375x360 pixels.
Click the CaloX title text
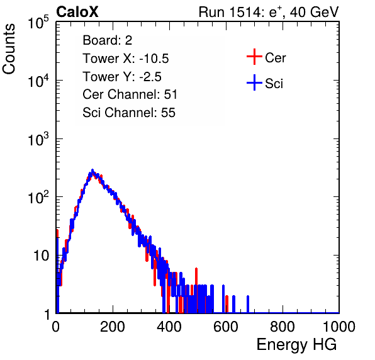tap(77, 12)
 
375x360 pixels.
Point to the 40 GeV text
tap(314, 13)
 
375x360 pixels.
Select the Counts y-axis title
tap(9, 49)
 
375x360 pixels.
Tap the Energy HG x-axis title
tap(296, 345)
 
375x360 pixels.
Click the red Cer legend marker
tap(254, 57)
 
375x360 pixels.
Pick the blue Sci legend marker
tap(254, 82)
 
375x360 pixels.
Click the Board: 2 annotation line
tap(108, 40)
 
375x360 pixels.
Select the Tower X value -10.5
tap(154, 59)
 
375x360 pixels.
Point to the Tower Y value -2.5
tap(150, 77)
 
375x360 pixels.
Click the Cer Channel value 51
tap(171, 94)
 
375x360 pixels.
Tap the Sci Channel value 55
tap(169, 113)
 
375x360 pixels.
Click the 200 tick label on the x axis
tap(113, 327)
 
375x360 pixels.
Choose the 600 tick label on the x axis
tap(226, 327)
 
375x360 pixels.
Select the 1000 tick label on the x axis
tap(339, 327)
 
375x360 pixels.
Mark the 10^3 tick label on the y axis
tap(38, 139)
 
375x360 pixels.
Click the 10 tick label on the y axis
tap(41, 256)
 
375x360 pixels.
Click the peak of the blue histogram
tap(92, 171)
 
